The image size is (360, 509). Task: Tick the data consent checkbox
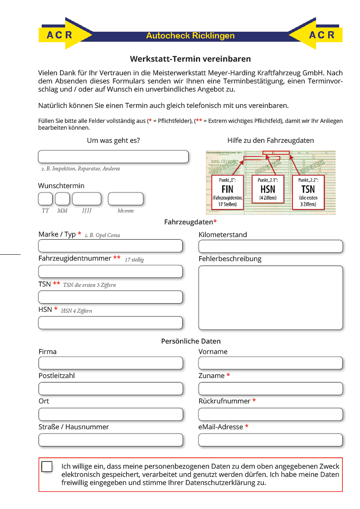point(47,466)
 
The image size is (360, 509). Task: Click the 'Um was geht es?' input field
point(113,157)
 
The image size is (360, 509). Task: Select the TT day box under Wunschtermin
point(45,199)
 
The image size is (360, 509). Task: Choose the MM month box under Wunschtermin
point(63,199)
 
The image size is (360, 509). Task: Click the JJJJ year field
point(87,199)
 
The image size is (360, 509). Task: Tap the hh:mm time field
point(126,199)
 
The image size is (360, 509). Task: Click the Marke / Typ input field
point(111,246)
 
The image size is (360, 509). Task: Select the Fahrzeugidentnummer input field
point(111,271)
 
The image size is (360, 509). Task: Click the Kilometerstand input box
point(271,247)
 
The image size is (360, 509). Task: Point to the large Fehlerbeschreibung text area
point(271,297)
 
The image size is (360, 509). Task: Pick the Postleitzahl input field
point(111,389)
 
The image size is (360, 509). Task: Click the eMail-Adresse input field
point(271,440)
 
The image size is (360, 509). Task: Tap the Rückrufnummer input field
point(271,414)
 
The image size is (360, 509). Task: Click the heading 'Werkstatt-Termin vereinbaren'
point(190,59)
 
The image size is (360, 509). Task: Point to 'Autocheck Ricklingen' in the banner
point(190,36)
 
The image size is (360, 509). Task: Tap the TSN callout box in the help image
point(308,192)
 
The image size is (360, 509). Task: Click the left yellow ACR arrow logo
point(63,34)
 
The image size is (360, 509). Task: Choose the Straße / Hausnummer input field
point(111,440)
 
